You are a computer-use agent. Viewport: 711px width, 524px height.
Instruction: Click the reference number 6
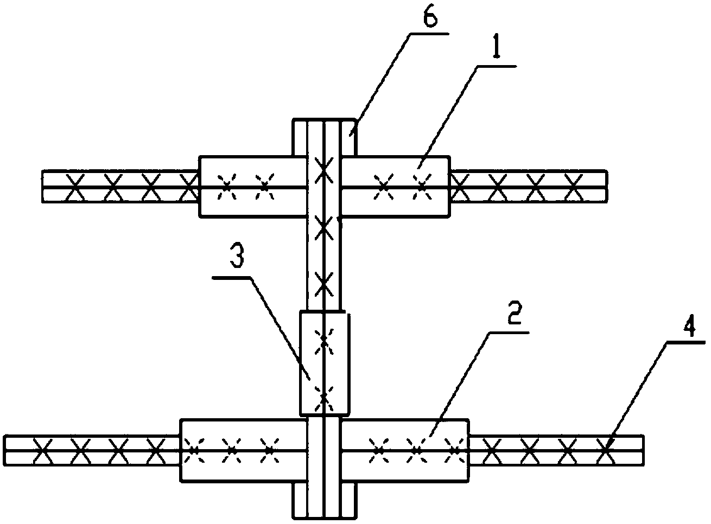click(x=430, y=15)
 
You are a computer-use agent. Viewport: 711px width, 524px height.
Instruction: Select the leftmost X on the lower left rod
click(x=43, y=450)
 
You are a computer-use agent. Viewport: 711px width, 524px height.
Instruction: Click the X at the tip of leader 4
click(x=606, y=450)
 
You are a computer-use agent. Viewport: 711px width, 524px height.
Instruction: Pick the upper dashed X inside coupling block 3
click(x=324, y=342)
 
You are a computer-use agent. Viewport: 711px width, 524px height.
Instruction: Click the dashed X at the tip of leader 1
click(x=422, y=187)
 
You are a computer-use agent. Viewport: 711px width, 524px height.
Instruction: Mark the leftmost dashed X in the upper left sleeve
click(x=227, y=187)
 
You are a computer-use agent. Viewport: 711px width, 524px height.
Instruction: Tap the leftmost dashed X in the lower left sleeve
click(x=194, y=450)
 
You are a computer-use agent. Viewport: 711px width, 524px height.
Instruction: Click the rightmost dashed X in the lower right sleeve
click(x=455, y=450)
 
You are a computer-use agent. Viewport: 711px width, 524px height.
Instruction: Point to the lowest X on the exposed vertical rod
click(x=323, y=284)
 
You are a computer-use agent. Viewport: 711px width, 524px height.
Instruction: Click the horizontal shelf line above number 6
click(x=429, y=33)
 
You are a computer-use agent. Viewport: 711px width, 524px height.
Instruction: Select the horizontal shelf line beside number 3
click(x=232, y=278)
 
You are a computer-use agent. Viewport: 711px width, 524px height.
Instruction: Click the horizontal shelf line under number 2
click(x=509, y=333)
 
